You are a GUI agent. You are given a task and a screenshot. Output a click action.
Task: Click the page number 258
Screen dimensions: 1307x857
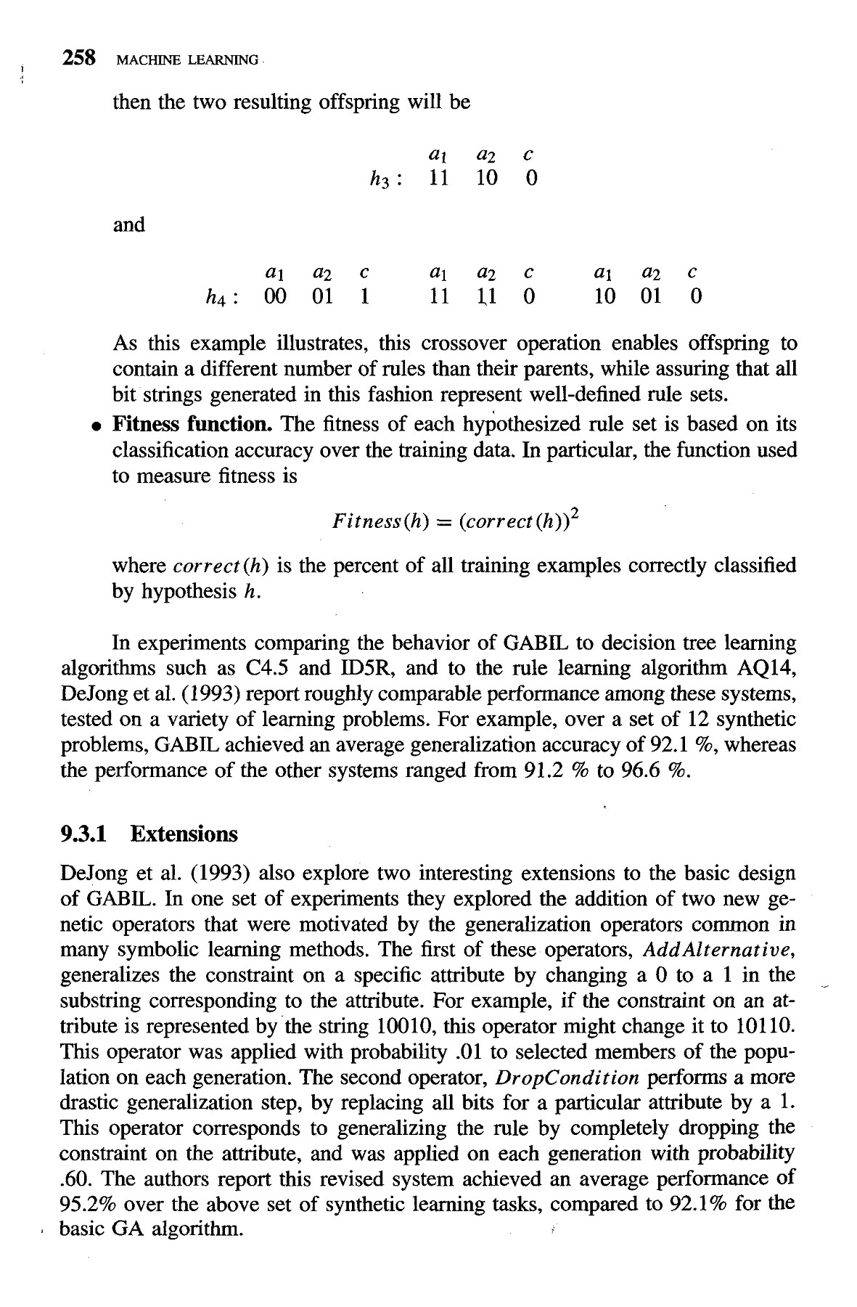[x=79, y=58]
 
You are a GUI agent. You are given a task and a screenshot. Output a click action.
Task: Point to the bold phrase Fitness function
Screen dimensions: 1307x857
[x=192, y=424]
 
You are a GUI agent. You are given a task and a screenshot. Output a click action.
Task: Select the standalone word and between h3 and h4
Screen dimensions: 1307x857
[x=129, y=225]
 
